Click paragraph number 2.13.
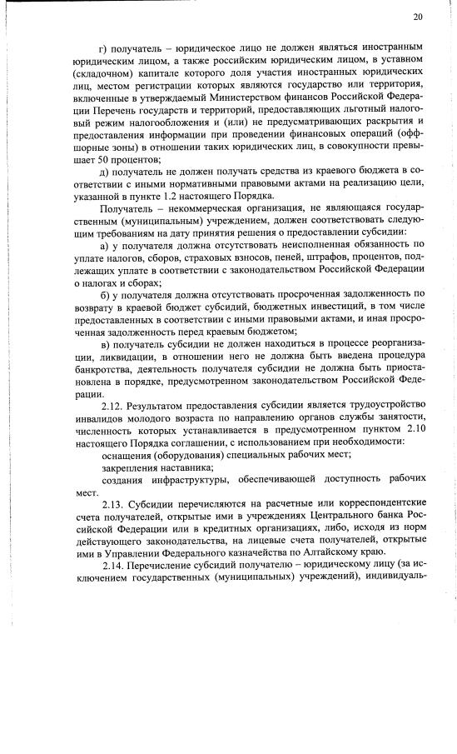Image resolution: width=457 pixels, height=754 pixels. [112, 502]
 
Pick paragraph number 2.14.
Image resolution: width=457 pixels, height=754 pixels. [112, 564]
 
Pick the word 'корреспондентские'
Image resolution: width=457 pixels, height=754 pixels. [379, 502]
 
